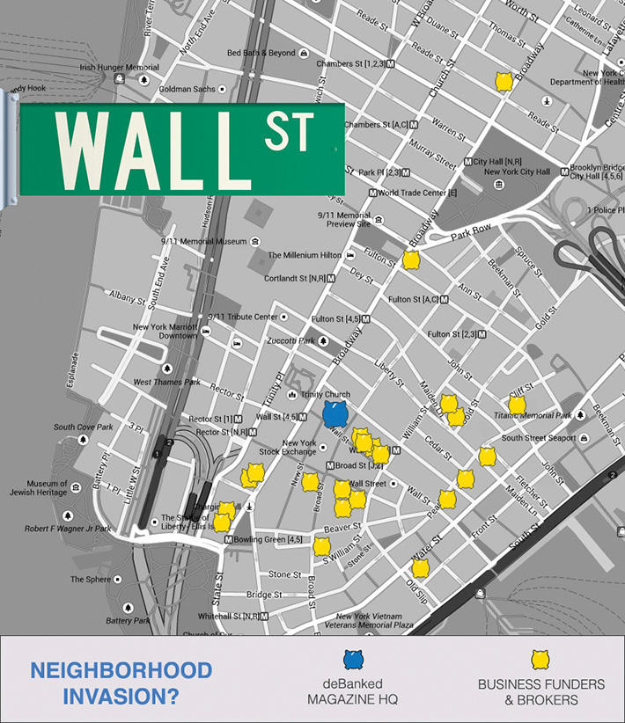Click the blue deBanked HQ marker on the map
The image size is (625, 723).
coord(335,413)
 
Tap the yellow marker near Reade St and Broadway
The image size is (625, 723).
coord(504,82)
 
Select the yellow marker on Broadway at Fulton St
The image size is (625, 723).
coord(411,259)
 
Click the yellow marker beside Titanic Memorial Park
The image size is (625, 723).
coord(517,405)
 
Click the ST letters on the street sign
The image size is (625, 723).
coord(288,130)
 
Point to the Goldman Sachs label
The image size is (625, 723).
coord(187,89)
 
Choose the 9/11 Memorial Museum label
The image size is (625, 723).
coord(203,241)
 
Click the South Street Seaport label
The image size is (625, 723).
coord(538,438)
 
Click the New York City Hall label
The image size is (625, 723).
coord(517,172)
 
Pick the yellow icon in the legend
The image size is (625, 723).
coord(540,660)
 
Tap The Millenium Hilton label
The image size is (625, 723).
coord(305,255)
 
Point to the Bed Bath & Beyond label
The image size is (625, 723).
coord(261,53)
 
